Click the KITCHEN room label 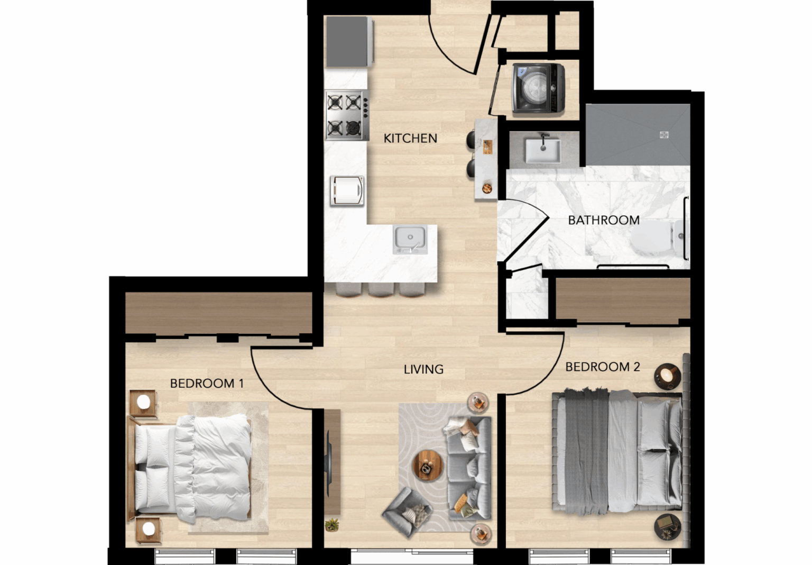[x=410, y=138]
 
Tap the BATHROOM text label [x=604, y=220]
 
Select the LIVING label [x=423, y=369]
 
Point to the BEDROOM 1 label [x=207, y=384]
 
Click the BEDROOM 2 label [x=603, y=367]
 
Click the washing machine [x=538, y=88]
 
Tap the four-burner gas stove [x=347, y=115]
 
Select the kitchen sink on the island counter [x=410, y=239]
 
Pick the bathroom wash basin [x=543, y=150]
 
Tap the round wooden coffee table [x=428, y=466]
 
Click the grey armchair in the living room [x=407, y=512]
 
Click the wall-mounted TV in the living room [x=329, y=463]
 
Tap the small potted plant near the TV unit [x=331, y=525]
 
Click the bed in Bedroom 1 [x=190, y=469]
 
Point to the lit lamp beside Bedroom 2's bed [x=667, y=376]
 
